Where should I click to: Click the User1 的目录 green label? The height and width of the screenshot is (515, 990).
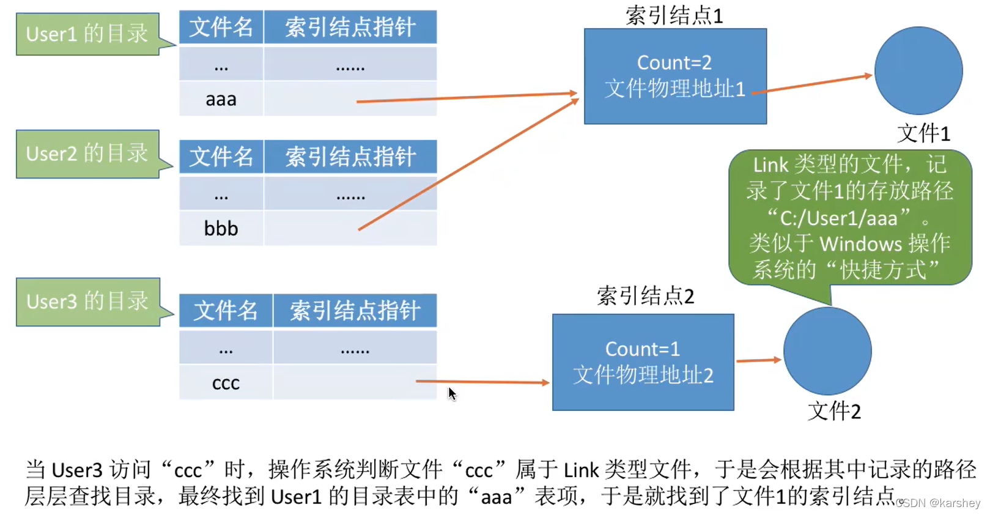pyautogui.click(x=87, y=34)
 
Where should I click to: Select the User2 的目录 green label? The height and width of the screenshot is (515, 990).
pyautogui.click(x=87, y=154)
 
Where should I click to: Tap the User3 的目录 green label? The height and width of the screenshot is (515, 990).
pyautogui.click(x=87, y=302)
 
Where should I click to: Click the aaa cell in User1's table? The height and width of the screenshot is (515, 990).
pyautogui.click(x=221, y=99)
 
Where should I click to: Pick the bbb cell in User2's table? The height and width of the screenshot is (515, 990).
pyautogui.click(x=221, y=229)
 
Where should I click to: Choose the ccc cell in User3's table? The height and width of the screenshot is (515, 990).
pyautogui.click(x=226, y=383)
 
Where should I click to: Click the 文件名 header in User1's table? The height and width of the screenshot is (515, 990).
pyautogui.click(x=221, y=28)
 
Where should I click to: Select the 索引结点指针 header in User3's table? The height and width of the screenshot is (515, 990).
pyautogui.click(x=355, y=311)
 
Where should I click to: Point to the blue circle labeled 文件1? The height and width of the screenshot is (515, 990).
pyautogui.click(x=918, y=70)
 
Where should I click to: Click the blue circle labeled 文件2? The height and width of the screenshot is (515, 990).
pyautogui.click(x=827, y=351)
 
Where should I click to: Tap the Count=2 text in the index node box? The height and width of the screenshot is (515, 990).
pyautogui.click(x=674, y=62)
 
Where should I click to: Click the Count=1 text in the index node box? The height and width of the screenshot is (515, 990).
pyautogui.click(x=642, y=349)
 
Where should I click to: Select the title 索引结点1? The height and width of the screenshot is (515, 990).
pyautogui.click(x=674, y=15)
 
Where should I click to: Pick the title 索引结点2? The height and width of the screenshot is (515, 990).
pyautogui.click(x=645, y=296)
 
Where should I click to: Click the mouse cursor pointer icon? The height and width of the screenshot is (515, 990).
pyautogui.click(x=452, y=394)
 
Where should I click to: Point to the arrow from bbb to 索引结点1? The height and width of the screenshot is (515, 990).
pyautogui.click(x=468, y=165)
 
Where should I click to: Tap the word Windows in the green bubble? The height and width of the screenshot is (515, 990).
pyautogui.click(x=860, y=244)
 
